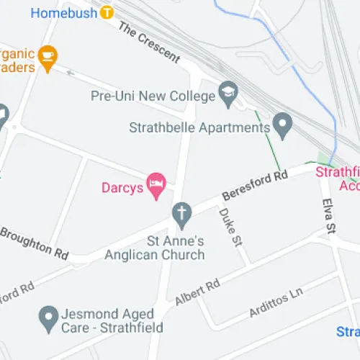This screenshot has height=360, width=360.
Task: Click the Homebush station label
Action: pyautogui.click(x=64, y=12)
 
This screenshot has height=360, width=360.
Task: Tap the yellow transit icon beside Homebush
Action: pyautogui.click(x=107, y=12)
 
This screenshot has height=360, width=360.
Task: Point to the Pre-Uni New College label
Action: pyautogui.click(x=153, y=96)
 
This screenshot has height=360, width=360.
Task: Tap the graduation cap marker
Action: pyautogui.click(x=229, y=94)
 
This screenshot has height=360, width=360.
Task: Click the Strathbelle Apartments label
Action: pyautogui.click(x=199, y=127)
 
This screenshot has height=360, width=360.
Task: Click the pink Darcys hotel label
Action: pyautogui.click(x=121, y=189)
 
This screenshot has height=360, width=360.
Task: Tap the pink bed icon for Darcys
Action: pyautogui.click(x=156, y=185)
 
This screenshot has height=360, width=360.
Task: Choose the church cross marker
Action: pyautogui.click(x=181, y=213)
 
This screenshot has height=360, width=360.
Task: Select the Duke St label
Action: pyautogui.click(x=230, y=228)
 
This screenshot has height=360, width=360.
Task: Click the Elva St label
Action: pyautogui.click(x=330, y=217)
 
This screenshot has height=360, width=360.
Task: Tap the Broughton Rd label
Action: pyautogui.click(x=34, y=242)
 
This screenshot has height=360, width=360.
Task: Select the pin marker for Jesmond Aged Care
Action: pyautogui.click(x=48, y=315)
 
